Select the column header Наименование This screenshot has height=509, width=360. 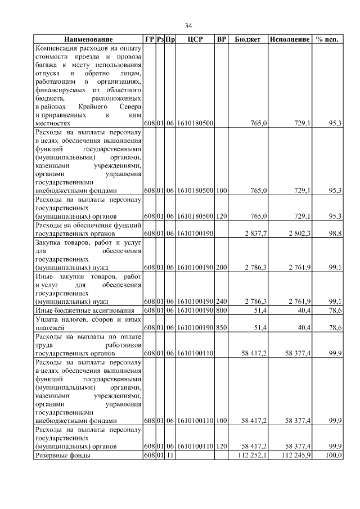tap(88, 40)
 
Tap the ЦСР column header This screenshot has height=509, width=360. tap(194, 40)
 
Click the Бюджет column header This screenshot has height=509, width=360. tap(247, 40)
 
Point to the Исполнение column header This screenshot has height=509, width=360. tap(289, 40)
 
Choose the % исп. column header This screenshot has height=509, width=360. tap(327, 40)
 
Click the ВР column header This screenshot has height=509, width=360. tap(222, 40)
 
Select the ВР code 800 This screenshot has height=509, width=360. tap(221, 310)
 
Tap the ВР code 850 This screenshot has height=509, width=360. tap(221, 327)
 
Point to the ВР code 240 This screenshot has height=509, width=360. tap(221, 301)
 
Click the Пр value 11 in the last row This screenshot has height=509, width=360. tap(168, 455)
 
